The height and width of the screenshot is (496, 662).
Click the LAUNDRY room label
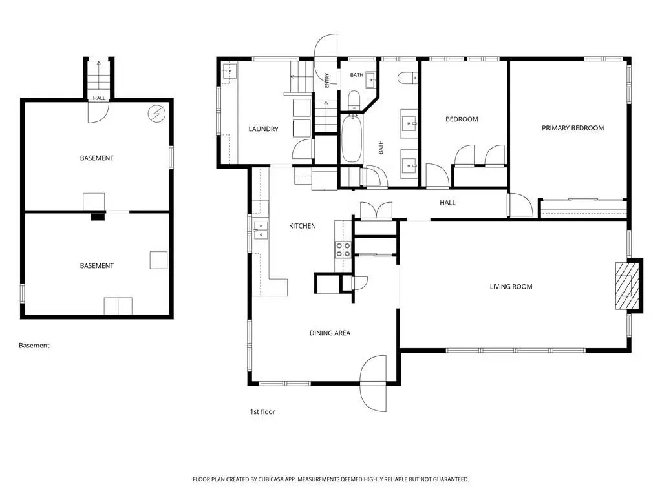pos(264,129)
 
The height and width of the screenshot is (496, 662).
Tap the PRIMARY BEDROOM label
pos(573,128)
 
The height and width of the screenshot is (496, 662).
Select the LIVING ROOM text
pos(511,287)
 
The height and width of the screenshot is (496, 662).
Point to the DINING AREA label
pos(330,333)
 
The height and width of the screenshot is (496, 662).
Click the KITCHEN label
pos(303,226)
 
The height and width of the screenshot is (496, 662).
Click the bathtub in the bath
pos(351,138)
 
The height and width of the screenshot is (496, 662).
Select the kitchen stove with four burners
pos(343,250)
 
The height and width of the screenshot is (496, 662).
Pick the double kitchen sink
pos(261,231)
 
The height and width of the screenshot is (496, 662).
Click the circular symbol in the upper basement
pos(156,113)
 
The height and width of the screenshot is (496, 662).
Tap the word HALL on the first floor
pos(447,203)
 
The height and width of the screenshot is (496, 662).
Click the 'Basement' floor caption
pos(34,346)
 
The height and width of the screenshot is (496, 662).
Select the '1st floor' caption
pos(262,412)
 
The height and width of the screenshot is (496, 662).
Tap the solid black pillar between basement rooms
pos(98,217)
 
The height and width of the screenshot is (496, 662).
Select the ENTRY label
pos(326,81)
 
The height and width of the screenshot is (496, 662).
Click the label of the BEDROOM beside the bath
pos(462,119)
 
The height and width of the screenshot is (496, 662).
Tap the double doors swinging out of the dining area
pos(374,383)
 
